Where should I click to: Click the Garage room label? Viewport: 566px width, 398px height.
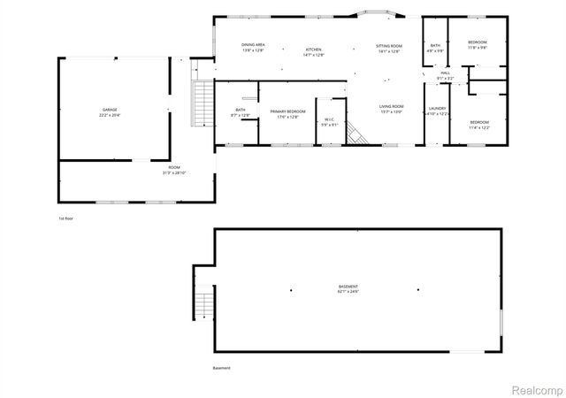(110, 110)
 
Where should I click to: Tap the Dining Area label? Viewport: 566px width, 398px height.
(254, 44)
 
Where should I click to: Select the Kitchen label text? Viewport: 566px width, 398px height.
(314, 49)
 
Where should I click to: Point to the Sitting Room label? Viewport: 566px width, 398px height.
(389, 44)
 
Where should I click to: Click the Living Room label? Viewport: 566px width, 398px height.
(391, 106)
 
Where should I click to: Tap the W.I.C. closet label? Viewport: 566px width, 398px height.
(329, 119)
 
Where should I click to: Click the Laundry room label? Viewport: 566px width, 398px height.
(438, 108)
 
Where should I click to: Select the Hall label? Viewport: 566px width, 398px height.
(446, 73)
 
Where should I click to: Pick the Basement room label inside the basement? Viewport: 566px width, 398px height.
(348, 286)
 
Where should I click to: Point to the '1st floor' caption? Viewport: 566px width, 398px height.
(66, 218)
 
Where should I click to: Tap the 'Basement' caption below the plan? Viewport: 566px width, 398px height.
(221, 368)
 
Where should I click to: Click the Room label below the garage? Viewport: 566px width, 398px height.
(174, 166)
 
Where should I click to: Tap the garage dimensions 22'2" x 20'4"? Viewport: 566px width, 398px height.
(110, 115)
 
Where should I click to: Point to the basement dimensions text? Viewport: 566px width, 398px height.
(348, 291)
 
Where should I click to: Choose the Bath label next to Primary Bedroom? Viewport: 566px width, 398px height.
(240, 111)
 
